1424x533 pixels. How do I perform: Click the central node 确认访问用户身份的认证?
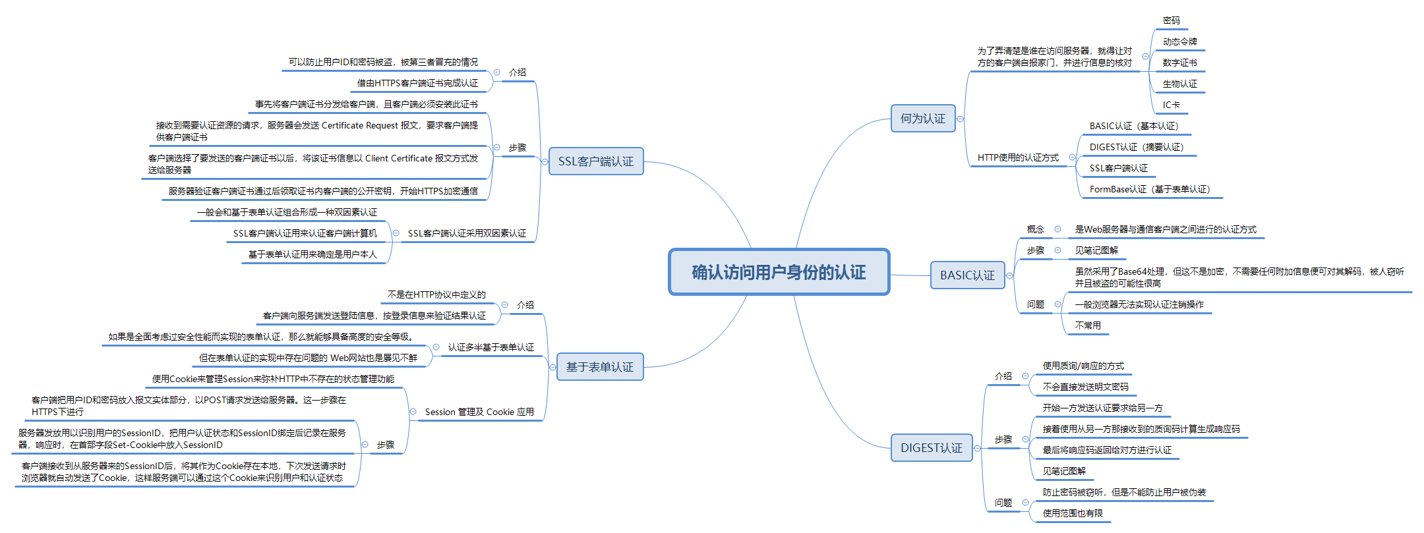pos(779,272)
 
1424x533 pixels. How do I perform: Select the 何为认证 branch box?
pos(922,119)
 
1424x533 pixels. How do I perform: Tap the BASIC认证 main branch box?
pos(967,275)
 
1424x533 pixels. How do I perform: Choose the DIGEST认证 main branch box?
pos(931,448)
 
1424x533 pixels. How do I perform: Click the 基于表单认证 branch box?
pos(599,367)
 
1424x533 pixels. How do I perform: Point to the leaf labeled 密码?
pos(1172,21)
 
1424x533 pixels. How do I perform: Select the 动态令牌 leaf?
pos(1179,42)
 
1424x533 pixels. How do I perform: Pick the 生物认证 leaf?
pos(1179,84)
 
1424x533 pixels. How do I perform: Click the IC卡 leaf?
pos(1171,105)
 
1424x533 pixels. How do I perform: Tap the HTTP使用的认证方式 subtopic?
pos(1018,158)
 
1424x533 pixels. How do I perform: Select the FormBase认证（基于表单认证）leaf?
pos(1150,190)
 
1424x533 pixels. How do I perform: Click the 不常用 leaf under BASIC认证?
pos(1088,325)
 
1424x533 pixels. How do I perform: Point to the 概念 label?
pos(1036,230)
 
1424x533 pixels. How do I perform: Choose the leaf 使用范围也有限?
pos(1073,514)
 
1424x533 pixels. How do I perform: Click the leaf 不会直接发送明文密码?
pos(1085,387)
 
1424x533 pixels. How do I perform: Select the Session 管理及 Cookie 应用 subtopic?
pos(479,412)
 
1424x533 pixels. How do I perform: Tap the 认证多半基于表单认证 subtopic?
pos(490,348)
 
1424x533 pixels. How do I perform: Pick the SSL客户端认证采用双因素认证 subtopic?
pos(467,234)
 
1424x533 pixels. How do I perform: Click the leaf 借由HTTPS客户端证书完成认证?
pos(417,84)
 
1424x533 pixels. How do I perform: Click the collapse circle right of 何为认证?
pos(960,119)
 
